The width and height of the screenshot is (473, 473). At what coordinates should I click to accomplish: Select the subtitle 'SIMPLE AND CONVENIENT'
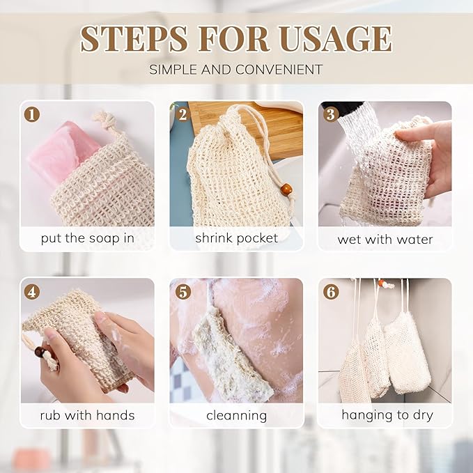click(236, 70)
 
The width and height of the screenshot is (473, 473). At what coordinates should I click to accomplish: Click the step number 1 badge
click(32, 114)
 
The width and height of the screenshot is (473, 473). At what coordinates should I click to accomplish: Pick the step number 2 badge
click(182, 114)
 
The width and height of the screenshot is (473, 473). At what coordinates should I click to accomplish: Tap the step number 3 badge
click(331, 114)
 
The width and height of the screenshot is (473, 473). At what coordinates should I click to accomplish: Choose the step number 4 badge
click(32, 291)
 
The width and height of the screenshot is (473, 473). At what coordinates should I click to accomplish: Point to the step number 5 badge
click(182, 291)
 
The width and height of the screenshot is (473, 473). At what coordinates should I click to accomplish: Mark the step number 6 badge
click(331, 291)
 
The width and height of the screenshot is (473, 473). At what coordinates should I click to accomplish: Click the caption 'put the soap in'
click(87, 238)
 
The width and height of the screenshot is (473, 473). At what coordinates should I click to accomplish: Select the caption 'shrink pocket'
click(236, 238)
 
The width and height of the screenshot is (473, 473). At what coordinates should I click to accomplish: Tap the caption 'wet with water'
click(385, 239)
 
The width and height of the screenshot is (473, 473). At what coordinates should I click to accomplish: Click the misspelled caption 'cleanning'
click(236, 415)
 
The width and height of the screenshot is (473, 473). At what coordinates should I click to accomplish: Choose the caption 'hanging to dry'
click(387, 415)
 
